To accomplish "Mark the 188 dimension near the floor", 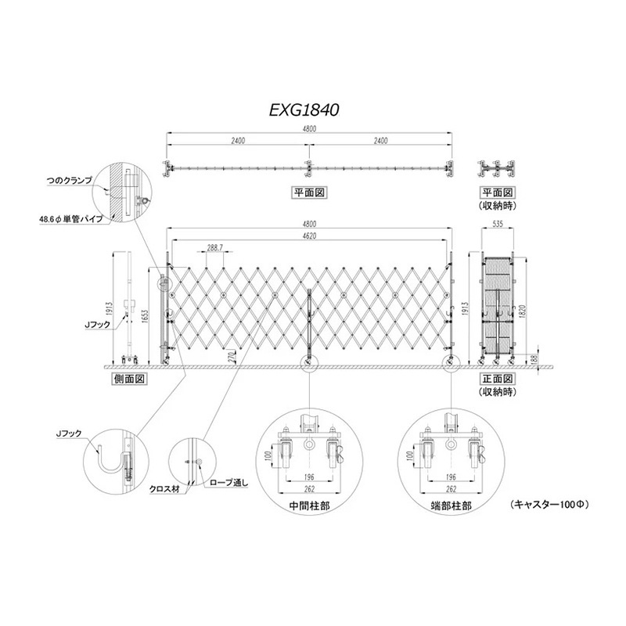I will [534, 359].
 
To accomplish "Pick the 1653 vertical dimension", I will [146, 313].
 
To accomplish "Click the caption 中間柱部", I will [308, 506].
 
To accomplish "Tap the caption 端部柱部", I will [451, 506].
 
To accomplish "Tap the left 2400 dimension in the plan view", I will [237, 141].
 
